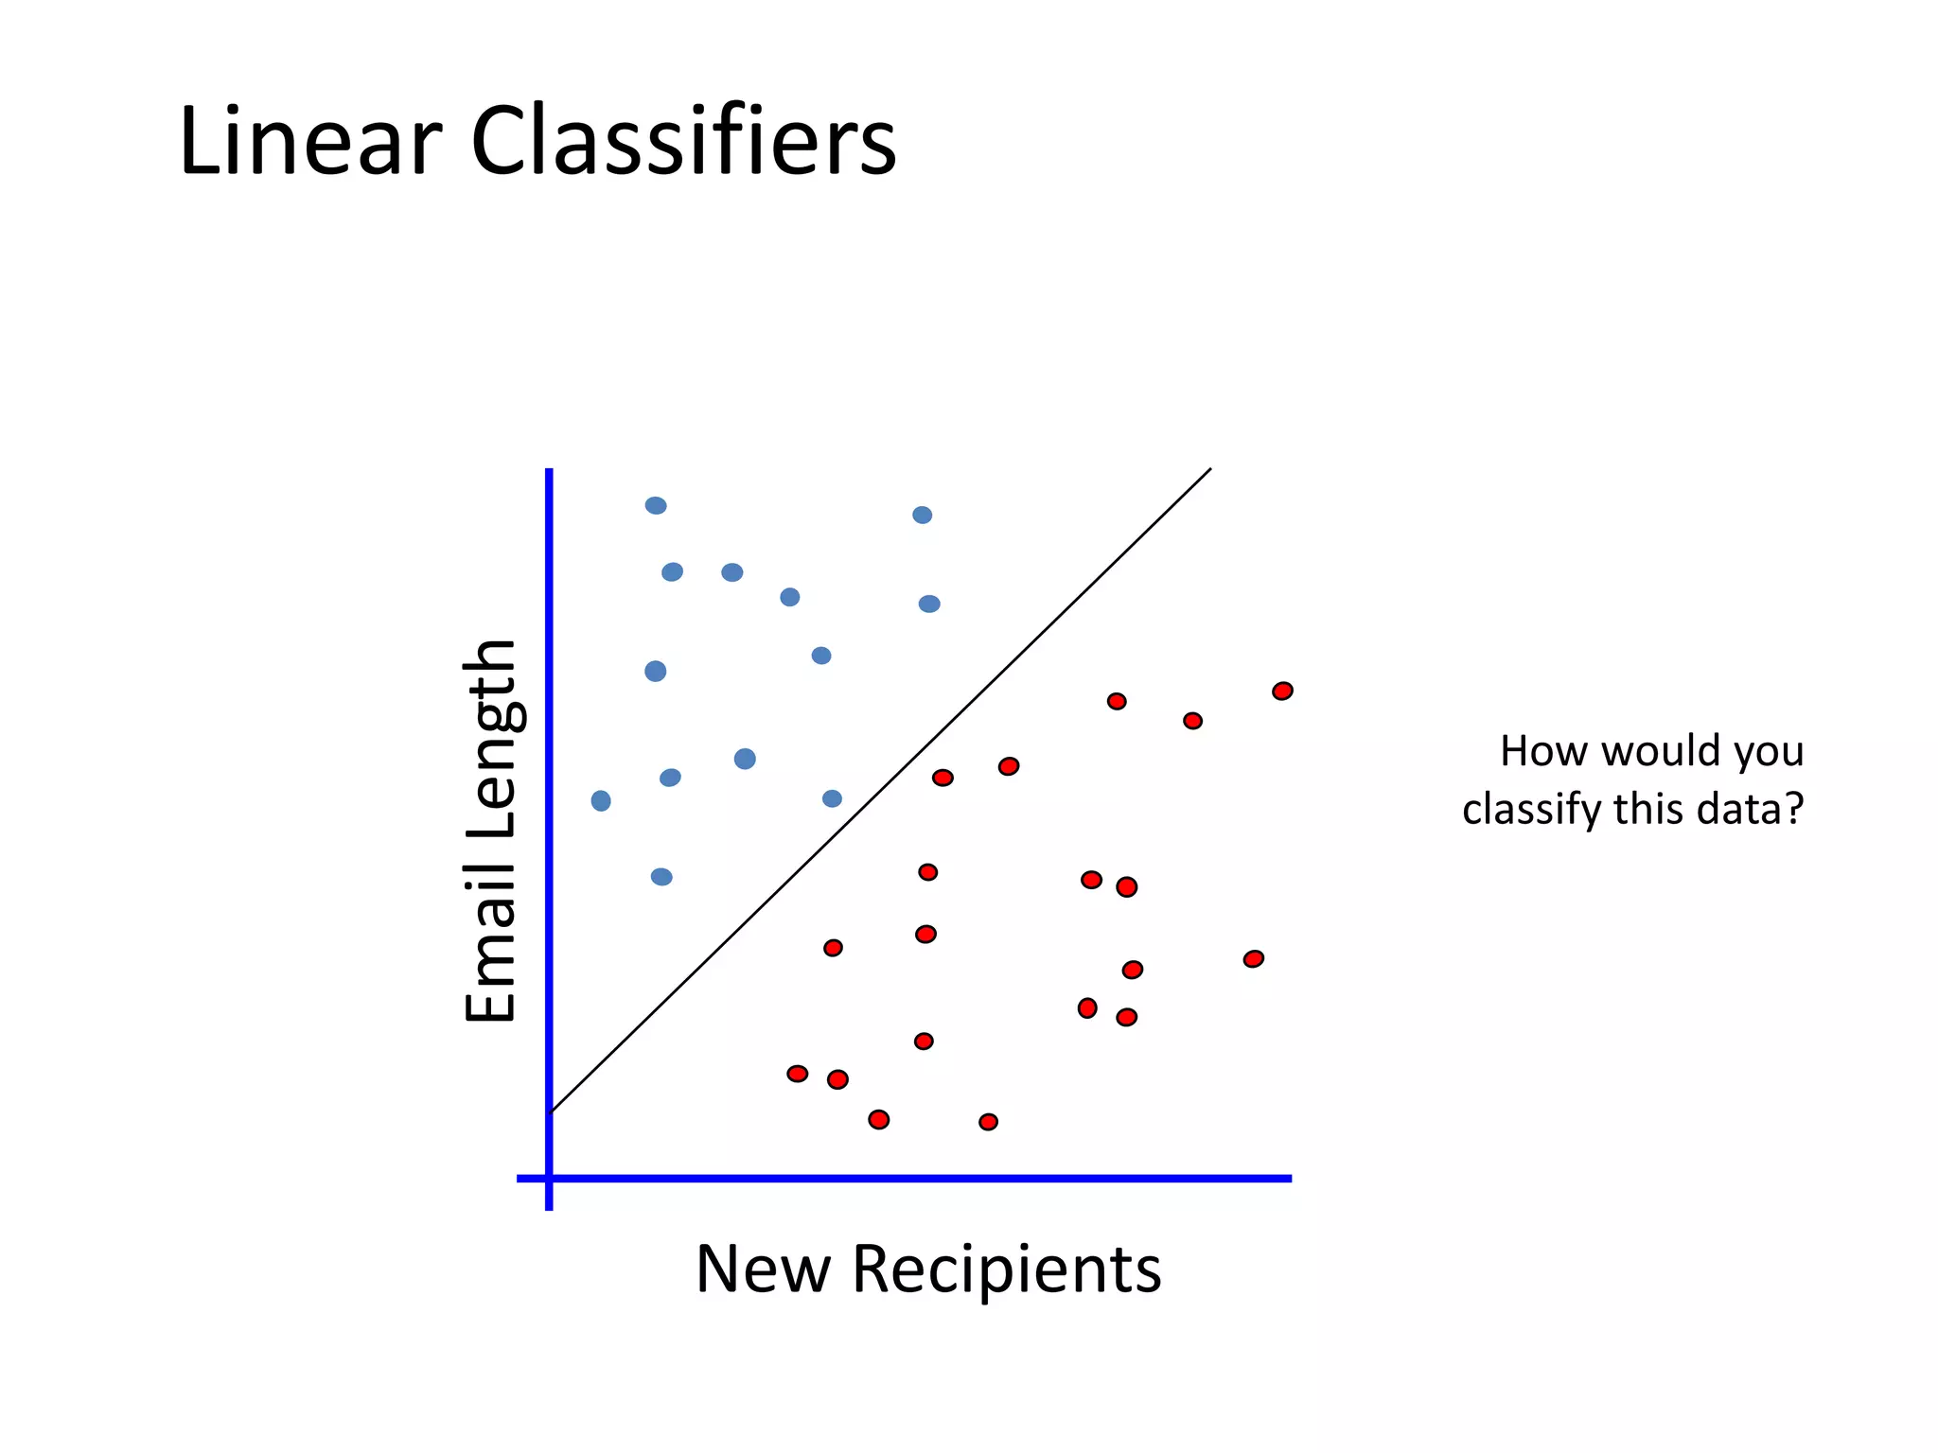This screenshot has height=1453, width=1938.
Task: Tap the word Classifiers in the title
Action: pos(683,142)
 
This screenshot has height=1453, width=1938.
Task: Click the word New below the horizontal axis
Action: pos(763,1269)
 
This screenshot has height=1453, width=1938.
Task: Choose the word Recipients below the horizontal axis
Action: pos(1007,1269)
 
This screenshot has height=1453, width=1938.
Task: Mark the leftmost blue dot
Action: pos(601,801)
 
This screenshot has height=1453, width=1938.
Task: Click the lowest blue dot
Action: pos(661,877)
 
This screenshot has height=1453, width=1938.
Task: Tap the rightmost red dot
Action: pos(1282,691)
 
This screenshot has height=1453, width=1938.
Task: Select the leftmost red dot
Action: pos(798,1074)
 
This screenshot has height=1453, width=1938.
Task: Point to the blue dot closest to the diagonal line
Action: pos(832,798)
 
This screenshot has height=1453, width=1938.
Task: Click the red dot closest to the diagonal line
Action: pos(943,778)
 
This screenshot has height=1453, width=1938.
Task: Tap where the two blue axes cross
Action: pos(549,1179)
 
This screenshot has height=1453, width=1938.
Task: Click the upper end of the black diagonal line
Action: pos(1210,468)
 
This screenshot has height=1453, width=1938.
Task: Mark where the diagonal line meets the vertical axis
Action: pos(550,1112)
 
